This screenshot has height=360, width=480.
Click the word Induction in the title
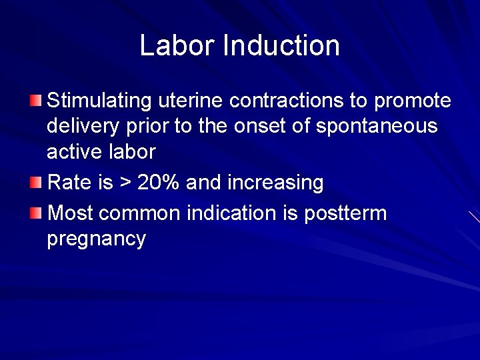point(281,45)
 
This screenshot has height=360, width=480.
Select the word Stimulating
point(100,101)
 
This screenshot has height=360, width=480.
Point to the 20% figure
point(160,183)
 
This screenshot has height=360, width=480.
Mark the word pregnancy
point(96,239)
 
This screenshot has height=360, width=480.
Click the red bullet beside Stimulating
point(35,101)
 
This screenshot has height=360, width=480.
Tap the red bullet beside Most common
point(35,213)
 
